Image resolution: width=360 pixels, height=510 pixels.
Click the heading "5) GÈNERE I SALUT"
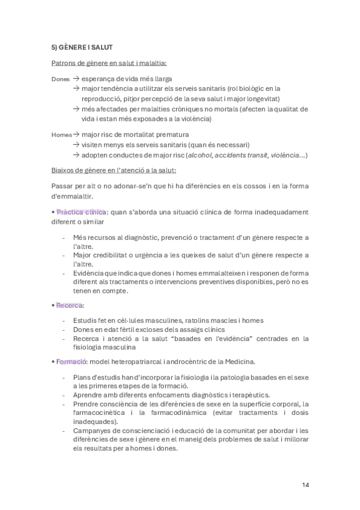point(82,46)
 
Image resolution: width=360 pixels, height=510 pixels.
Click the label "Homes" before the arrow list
point(61,135)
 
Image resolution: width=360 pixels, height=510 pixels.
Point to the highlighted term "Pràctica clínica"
point(81,212)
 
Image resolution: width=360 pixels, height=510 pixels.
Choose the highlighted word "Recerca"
point(70,305)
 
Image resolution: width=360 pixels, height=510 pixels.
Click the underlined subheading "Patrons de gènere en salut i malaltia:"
point(109,63)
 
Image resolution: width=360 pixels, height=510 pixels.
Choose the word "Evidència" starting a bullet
point(90,273)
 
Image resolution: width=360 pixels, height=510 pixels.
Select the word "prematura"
point(171,134)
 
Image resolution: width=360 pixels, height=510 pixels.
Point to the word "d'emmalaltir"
point(73,196)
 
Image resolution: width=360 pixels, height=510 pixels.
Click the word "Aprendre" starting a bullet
point(90,395)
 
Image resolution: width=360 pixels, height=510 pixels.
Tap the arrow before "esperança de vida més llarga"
point(76,78)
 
